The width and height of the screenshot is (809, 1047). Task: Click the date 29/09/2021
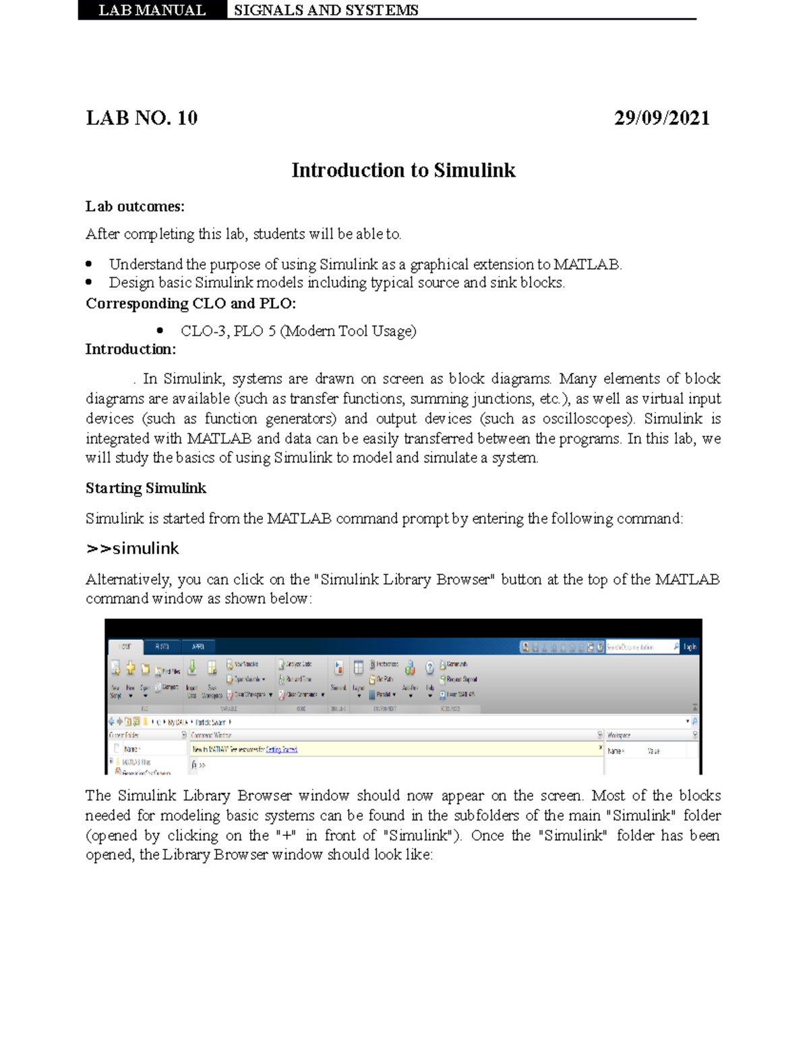click(x=661, y=118)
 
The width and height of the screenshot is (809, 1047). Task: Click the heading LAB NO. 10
click(x=142, y=118)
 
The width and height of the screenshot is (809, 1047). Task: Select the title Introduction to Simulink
click(x=403, y=170)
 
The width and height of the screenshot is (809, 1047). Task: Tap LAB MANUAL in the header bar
click(x=152, y=10)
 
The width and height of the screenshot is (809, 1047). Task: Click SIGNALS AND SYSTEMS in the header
click(x=326, y=10)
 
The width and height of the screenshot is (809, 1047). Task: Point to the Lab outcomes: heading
click(x=135, y=206)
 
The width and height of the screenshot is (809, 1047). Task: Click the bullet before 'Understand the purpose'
click(x=90, y=264)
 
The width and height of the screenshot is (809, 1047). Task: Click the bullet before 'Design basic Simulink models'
click(x=90, y=282)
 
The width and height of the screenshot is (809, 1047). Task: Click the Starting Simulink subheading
click(x=146, y=488)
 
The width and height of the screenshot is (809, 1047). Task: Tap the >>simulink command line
click(x=133, y=549)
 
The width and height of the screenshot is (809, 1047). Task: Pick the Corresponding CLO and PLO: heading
click(x=191, y=303)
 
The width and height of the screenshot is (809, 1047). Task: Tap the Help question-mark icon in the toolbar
click(x=429, y=668)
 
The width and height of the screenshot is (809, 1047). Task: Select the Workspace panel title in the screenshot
click(x=619, y=735)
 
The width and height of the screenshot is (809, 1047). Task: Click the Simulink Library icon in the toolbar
click(x=338, y=668)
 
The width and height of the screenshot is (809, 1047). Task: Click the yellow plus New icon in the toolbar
click(x=131, y=668)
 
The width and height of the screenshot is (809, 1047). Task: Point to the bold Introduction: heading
click(x=131, y=349)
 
